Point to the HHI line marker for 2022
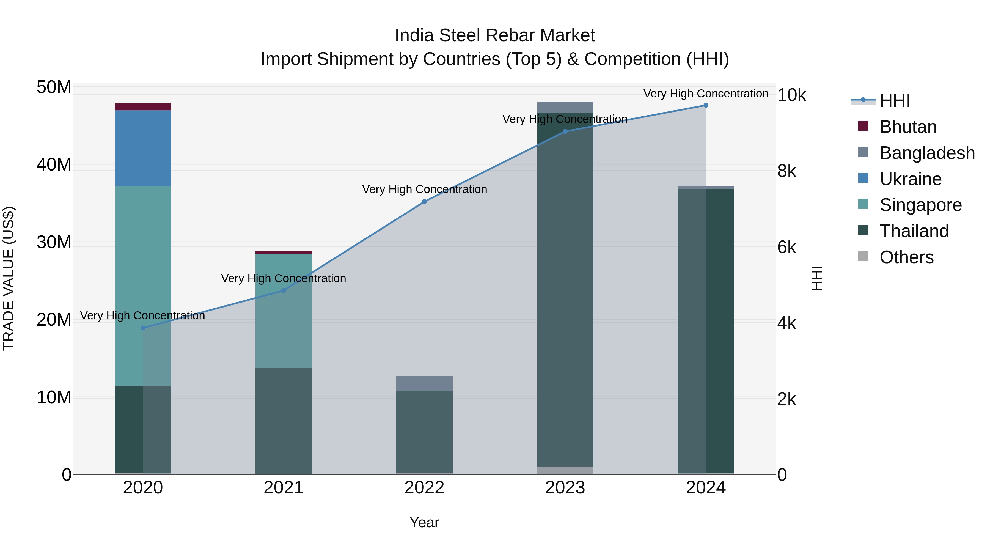[x=424, y=202]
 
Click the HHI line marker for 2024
[x=706, y=105]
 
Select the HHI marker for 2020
[x=143, y=328]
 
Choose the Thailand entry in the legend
[x=914, y=231]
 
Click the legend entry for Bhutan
[x=908, y=127]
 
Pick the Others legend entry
[x=906, y=257]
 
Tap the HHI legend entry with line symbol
[x=894, y=101]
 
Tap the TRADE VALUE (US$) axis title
[x=9, y=278]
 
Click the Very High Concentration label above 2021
[x=283, y=278]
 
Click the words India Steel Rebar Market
[x=495, y=35]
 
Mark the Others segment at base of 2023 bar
[x=565, y=470]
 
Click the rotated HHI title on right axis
[x=816, y=278]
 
